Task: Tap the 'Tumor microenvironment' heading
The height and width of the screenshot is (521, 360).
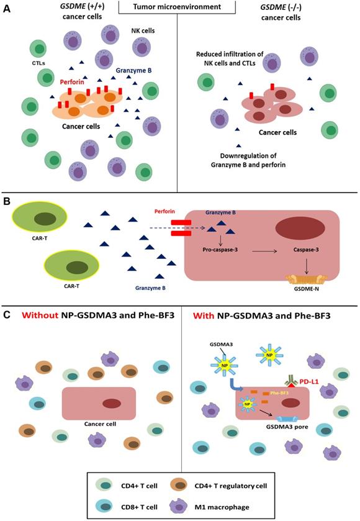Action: point(179,6)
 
